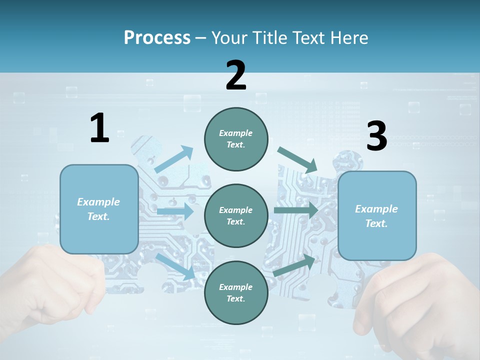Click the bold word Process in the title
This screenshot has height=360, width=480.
[157, 38]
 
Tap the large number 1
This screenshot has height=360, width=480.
[99, 128]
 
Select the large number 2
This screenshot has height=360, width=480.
[236, 75]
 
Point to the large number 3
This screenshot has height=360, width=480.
[376, 136]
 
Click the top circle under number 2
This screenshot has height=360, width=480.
[236, 139]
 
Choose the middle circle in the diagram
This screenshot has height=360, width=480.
[236, 215]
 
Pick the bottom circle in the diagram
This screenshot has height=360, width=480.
[236, 292]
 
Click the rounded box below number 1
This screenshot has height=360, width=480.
[99, 209]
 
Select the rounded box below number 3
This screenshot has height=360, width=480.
[377, 216]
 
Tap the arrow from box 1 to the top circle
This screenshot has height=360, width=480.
[174, 159]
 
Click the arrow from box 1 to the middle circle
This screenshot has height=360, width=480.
[175, 211]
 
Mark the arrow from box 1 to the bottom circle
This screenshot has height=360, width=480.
[175, 266]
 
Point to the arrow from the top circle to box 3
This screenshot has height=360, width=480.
[298, 159]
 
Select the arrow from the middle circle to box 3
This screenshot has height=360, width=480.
[296, 210]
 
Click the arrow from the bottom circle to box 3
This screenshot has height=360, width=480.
[295, 265]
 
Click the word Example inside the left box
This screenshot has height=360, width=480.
[98, 202]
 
